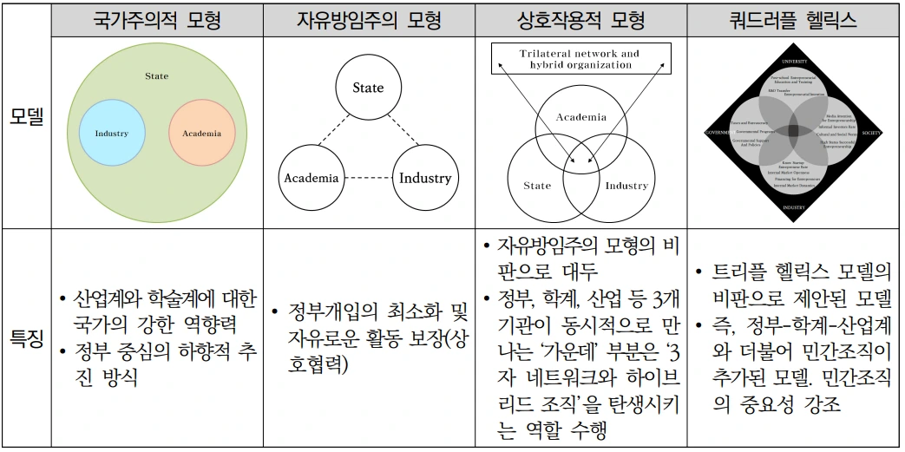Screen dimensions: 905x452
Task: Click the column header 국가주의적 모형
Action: (157, 19)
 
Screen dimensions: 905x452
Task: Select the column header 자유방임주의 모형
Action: (370, 19)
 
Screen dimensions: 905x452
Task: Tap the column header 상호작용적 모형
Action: (580, 19)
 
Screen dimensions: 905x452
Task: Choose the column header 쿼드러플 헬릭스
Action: (793, 19)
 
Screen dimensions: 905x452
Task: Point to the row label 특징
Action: (26, 338)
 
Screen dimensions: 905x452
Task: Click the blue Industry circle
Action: (112, 134)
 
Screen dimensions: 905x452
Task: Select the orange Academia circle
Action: (201, 134)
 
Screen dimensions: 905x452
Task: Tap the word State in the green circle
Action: (157, 76)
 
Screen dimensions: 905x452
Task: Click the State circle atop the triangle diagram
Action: (368, 88)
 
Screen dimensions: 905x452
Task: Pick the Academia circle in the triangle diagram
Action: (311, 178)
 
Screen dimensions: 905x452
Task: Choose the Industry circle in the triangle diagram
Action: (425, 178)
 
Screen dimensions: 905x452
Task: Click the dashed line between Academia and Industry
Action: (368, 179)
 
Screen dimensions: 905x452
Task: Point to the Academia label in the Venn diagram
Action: (580, 116)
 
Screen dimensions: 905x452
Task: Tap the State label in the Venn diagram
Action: (537, 186)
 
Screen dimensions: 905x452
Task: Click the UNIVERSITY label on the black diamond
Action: (794, 62)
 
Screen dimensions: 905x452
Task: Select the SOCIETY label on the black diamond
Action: (871, 133)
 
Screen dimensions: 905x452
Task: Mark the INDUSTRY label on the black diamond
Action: (794, 208)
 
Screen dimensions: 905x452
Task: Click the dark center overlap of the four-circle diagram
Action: (794, 132)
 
